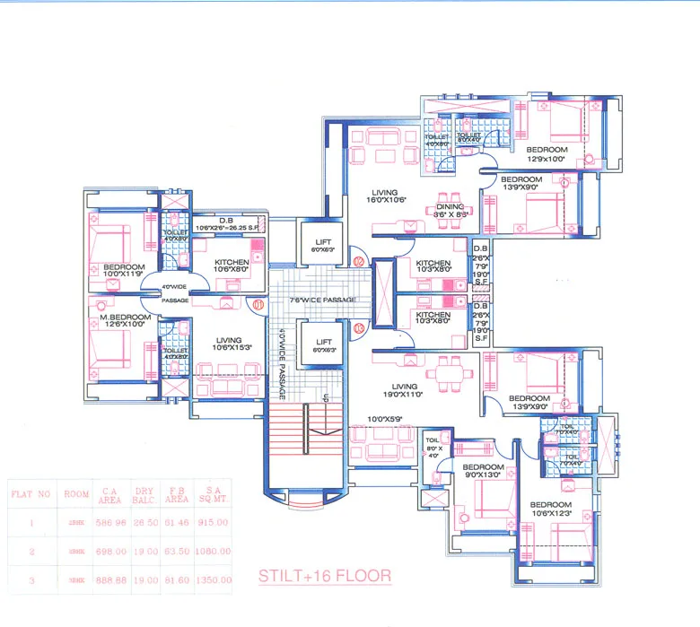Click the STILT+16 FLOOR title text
click(x=324, y=575)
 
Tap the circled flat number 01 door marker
click(x=258, y=304)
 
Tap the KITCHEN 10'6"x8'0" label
click(x=232, y=266)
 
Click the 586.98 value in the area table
click(x=108, y=521)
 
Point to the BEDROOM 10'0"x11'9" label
click(x=122, y=272)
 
